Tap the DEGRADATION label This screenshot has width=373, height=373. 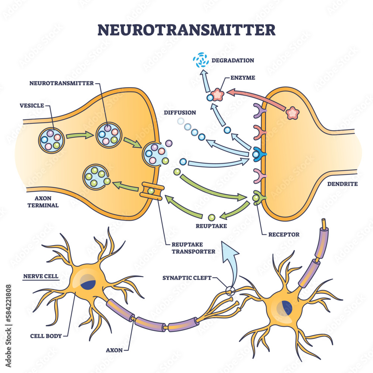233,60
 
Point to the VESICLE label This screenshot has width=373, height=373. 32,106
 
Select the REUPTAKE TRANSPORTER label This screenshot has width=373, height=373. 193,248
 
